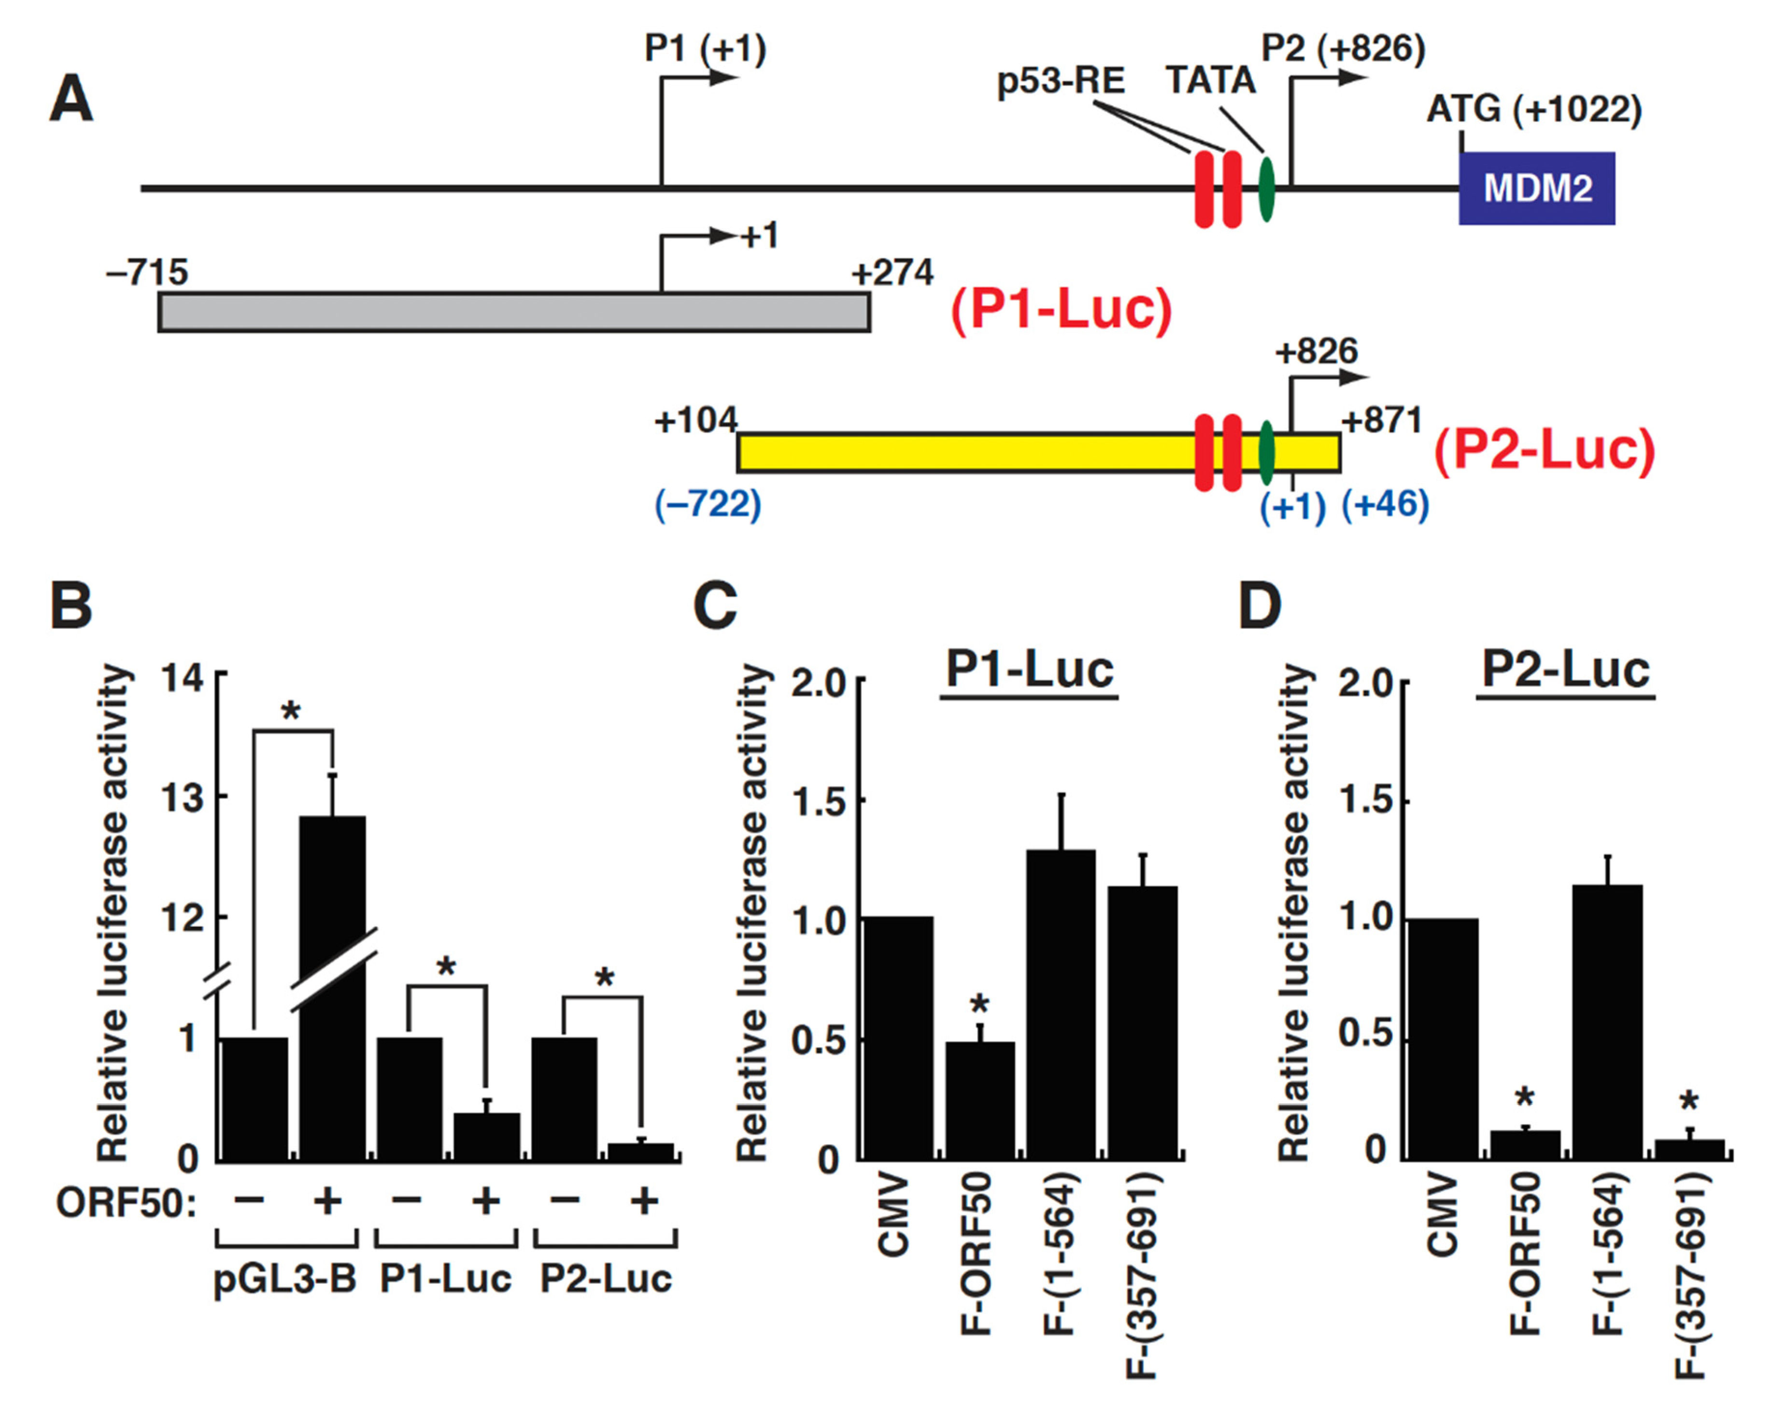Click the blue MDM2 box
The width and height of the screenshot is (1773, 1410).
[1536, 188]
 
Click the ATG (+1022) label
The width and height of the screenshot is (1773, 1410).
[1534, 110]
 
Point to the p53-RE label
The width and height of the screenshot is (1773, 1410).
[1061, 82]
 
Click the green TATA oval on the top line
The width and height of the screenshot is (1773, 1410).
[1266, 188]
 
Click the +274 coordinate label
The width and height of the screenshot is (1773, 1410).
[892, 272]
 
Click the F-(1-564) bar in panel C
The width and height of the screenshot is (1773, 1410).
[1061, 1004]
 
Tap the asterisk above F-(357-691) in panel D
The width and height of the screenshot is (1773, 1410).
[1690, 1101]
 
